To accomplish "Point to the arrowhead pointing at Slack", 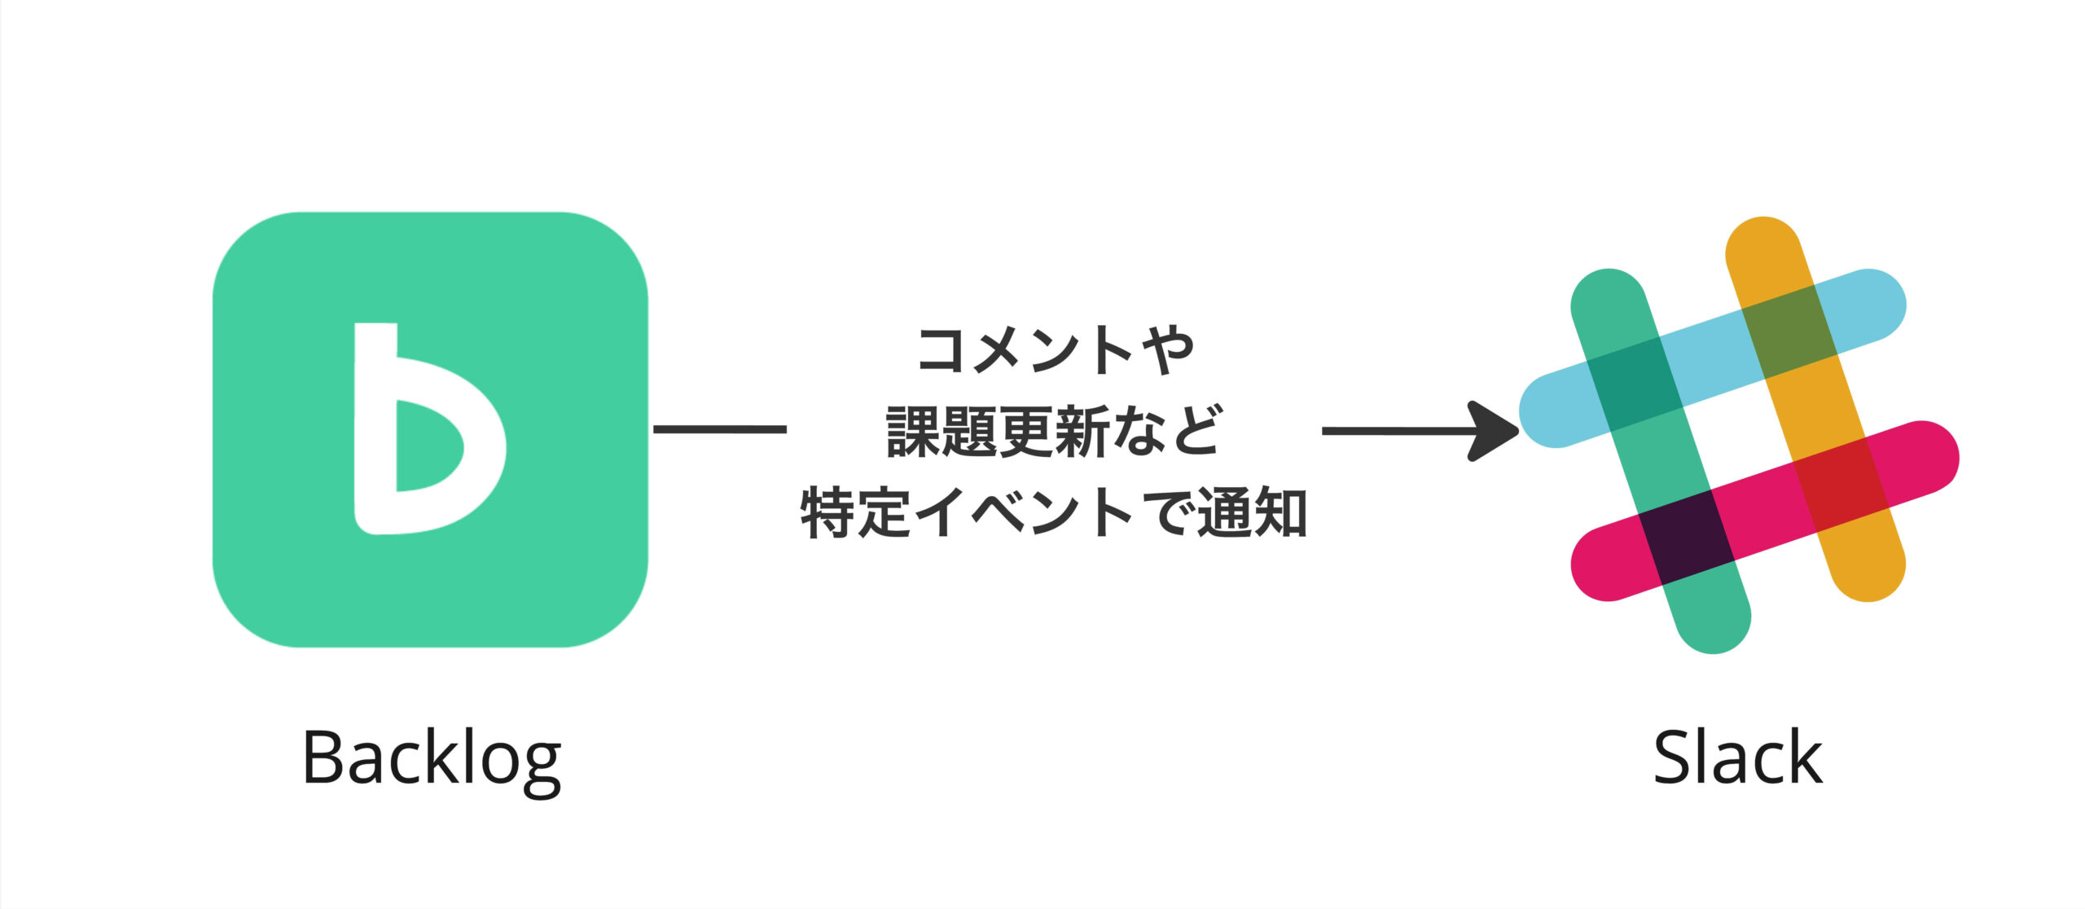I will coord(1495,431).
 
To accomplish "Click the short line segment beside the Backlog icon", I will coord(719,429).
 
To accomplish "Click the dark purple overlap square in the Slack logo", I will coord(1687,538).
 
